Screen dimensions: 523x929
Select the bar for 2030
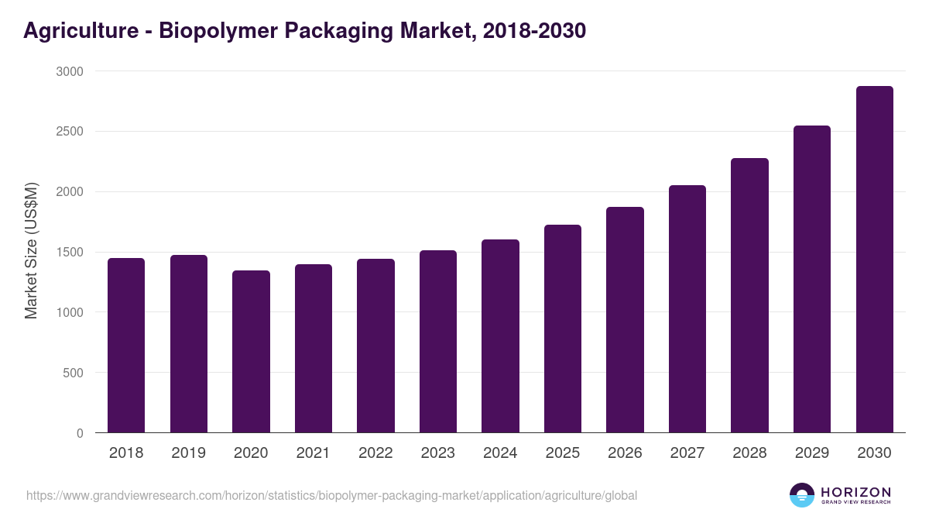[874, 260]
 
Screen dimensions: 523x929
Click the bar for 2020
[251, 352]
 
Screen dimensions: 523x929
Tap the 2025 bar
[563, 329]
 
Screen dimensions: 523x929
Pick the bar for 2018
[126, 346]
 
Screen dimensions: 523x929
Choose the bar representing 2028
[749, 295]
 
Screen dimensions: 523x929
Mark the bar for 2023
[438, 342]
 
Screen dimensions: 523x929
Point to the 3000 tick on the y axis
[69, 71]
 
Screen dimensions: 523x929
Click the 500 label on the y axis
[74, 373]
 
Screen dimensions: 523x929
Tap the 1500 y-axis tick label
[69, 252]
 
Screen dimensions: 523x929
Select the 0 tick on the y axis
[80, 433]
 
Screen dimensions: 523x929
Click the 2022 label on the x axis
[375, 453]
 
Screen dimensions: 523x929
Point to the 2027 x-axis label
[687, 453]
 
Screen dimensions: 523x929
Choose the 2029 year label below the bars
[812, 453]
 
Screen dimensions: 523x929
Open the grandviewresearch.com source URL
[331, 495]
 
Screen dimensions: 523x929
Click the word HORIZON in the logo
[855, 492]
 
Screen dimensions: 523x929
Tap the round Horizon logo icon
[802, 495]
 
